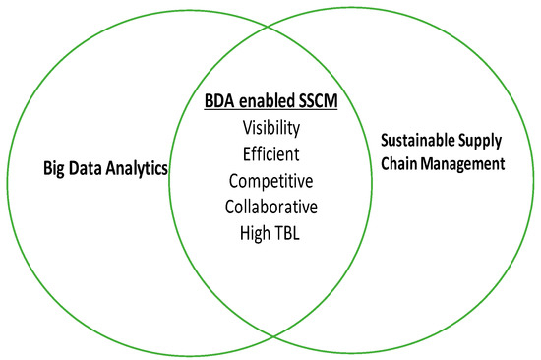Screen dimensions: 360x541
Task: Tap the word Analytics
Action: (136, 169)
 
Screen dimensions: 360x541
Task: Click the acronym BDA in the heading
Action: (220, 102)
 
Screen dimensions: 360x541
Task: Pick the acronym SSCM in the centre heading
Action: (320, 102)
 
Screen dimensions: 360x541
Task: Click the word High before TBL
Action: (254, 233)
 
